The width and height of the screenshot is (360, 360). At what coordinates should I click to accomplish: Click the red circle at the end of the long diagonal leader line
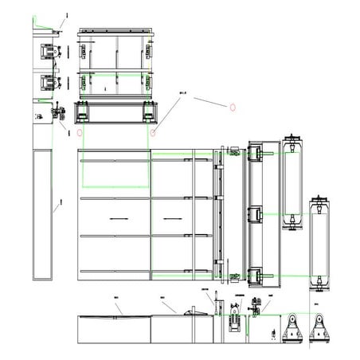point(151,131)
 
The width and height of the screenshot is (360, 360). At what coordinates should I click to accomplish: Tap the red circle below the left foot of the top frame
point(79,131)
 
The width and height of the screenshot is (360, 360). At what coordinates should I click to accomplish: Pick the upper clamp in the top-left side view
point(47,52)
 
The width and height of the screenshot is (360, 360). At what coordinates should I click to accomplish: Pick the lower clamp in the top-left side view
point(47,82)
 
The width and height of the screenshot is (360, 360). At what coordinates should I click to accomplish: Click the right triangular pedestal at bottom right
point(321,328)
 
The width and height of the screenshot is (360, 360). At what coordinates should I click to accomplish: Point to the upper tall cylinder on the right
point(292,182)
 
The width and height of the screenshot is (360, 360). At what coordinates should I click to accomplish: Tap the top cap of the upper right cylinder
point(292,139)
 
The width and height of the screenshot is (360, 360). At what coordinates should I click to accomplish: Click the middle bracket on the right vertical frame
point(255,213)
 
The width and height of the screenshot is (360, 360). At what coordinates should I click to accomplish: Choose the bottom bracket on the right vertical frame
point(255,275)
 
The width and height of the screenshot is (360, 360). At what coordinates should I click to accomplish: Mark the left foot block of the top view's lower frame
point(80,112)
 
